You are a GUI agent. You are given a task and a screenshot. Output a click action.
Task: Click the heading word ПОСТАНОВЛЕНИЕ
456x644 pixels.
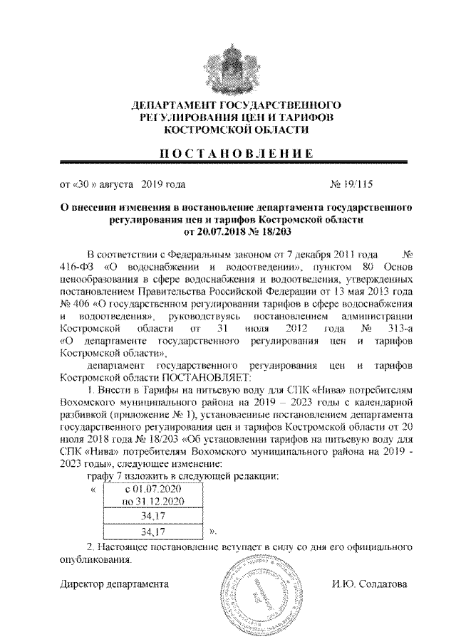[x=227, y=153]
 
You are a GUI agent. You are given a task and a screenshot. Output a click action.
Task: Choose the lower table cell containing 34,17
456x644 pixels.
[x=152, y=531]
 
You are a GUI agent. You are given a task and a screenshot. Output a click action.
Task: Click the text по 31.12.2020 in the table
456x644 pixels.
[x=152, y=502]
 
